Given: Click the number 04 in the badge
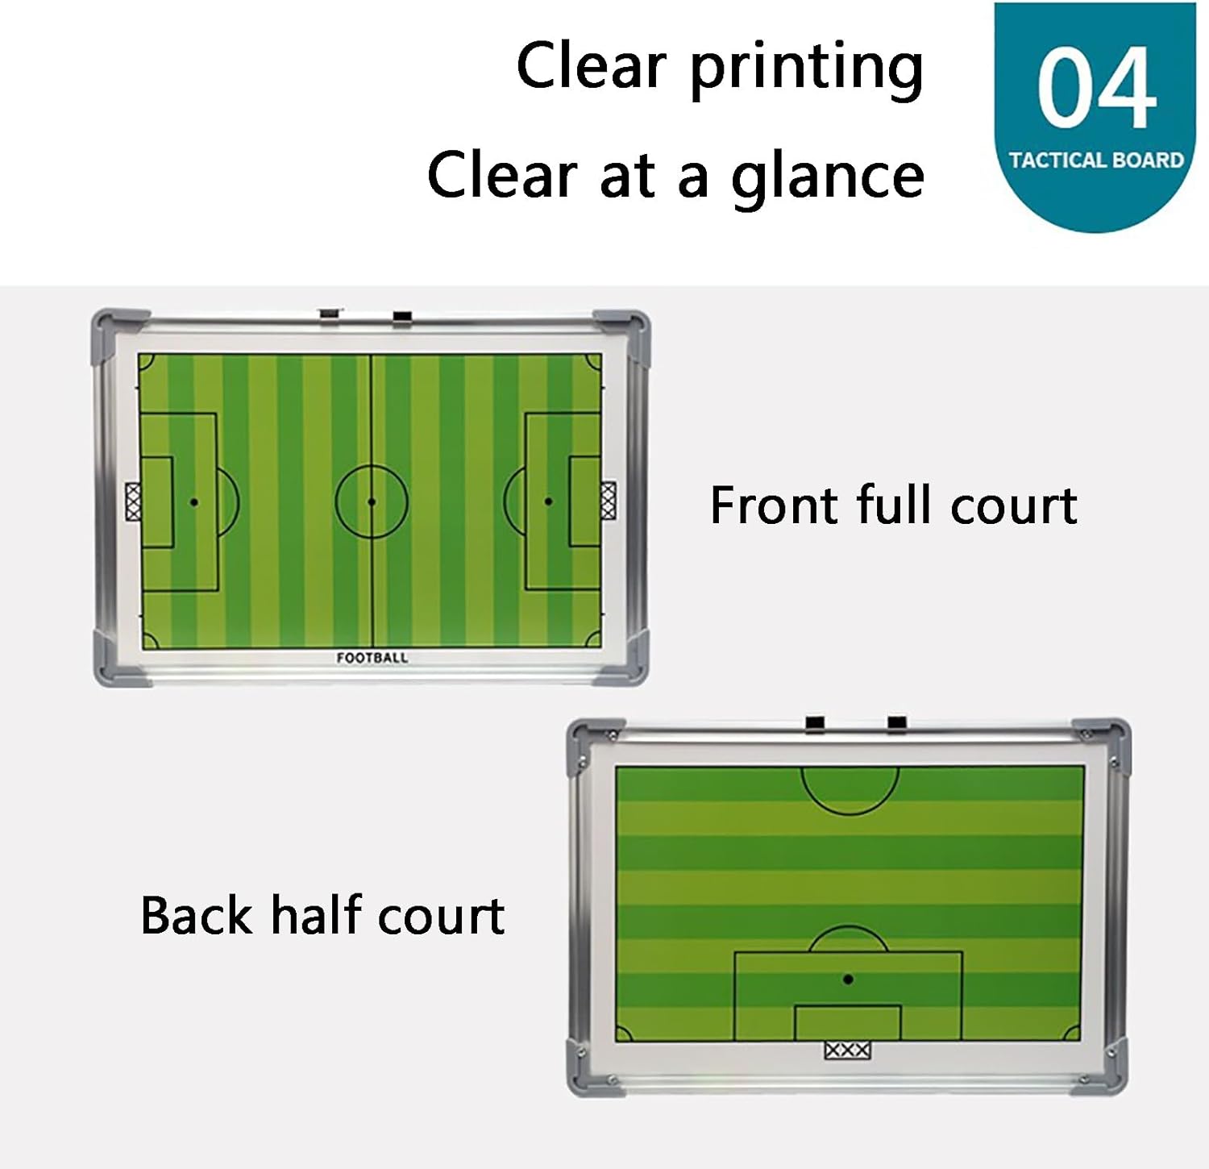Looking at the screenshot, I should click(1096, 89).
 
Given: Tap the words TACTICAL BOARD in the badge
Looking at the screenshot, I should click(1096, 160).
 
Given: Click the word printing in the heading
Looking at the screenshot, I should click(806, 68).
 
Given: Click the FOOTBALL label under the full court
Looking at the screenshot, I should click(372, 658).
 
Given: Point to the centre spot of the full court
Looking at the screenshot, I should click(372, 501).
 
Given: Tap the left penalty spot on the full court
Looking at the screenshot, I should click(194, 501).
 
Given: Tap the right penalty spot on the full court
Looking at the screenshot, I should click(549, 501).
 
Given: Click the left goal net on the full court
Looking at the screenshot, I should click(133, 501).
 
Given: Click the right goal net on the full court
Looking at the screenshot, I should click(609, 501).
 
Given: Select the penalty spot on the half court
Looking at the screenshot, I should click(848, 980).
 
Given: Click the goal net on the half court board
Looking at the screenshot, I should click(848, 1050).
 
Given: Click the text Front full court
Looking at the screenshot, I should click(893, 506).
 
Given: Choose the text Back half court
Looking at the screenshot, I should click(322, 916).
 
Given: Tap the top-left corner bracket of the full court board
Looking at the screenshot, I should click(113, 325).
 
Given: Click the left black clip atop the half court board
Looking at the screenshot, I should click(816, 723).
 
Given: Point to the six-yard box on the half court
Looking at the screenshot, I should click(848, 1022).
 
